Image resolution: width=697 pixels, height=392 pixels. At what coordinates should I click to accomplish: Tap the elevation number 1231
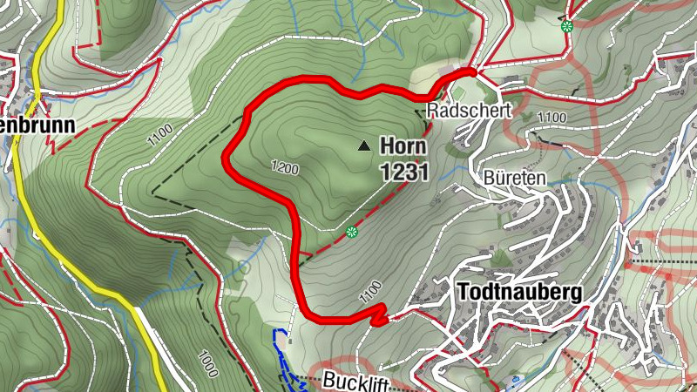point(404,172)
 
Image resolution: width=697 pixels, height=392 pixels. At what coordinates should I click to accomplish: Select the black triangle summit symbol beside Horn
point(364,146)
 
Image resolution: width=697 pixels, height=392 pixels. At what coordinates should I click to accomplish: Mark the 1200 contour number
point(285,167)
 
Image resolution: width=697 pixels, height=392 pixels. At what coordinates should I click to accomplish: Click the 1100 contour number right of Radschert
point(552,118)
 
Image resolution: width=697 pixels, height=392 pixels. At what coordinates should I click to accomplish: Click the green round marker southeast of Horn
point(352,232)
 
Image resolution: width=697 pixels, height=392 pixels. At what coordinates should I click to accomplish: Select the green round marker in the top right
point(567,25)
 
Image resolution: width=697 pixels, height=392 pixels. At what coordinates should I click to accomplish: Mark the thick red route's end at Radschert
point(472,71)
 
